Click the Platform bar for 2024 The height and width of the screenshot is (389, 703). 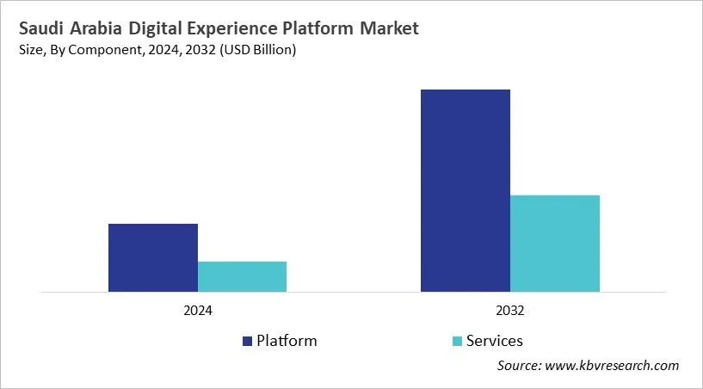(x=153, y=257)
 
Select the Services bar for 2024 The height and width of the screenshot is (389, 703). (x=242, y=276)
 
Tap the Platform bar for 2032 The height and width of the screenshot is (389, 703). (x=466, y=190)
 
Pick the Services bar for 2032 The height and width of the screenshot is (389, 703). (x=555, y=244)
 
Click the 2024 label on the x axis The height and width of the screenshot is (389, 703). (x=197, y=310)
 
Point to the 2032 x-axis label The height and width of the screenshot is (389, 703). (x=510, y=310)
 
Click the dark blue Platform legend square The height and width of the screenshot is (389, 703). (x=248, y=341)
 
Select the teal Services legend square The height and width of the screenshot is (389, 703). (x=457, y=341)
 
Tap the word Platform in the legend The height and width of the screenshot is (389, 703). (x=287, y=341)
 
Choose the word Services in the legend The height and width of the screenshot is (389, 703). (x=494, y=341)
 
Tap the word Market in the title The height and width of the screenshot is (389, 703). (x=388, y=28)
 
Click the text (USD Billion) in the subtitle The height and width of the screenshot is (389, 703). (x=257, y=51)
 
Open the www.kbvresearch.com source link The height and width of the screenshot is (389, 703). (x=614, y=366)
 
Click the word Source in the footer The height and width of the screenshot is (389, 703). (x=520, y=366)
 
